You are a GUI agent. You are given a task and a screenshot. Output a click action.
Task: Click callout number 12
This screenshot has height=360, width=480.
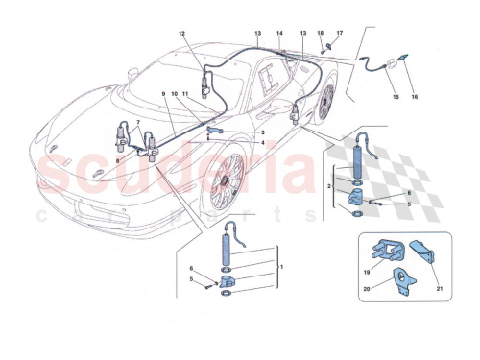pyautogui.click(x=180, y=32)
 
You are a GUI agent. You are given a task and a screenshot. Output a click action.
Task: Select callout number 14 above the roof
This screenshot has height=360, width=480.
pyautogui.click(x=280, y=33)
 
